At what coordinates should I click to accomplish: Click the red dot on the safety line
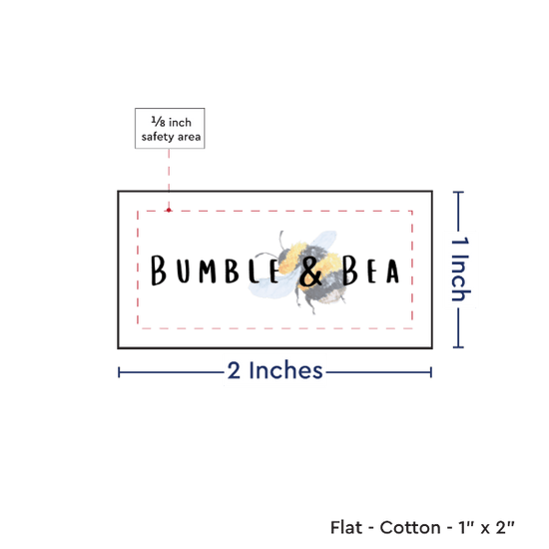(x=169, y=210)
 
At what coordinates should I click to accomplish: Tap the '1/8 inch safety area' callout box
(x=170, y=128)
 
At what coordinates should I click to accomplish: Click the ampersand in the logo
(x=310, y=273)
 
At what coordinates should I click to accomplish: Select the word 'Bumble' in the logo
(x=215, y=270)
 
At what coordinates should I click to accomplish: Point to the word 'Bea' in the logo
(x=370, y=270)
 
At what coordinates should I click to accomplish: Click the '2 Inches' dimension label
(x=274, y=370)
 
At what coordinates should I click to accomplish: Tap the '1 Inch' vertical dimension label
(x=460, y=269)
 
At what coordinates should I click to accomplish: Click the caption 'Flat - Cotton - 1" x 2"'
(x=422, y=527)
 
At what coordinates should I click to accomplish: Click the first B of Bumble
(x=158, y=270)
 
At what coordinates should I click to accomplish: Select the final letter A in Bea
(x=393, y=272)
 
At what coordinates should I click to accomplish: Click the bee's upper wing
(x=322, y=239)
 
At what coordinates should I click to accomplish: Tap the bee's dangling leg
(x=310, y=304)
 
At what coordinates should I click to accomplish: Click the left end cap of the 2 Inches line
(x=119, y=372)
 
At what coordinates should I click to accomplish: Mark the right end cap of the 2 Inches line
(x=431, y=372)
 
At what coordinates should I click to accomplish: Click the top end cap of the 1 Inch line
(x=458, y=193)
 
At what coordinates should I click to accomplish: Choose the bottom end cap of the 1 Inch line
(x=458, y=347)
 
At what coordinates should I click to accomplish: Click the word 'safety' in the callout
(x=158, y=137)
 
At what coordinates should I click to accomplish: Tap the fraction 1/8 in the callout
(x=158, y=122)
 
